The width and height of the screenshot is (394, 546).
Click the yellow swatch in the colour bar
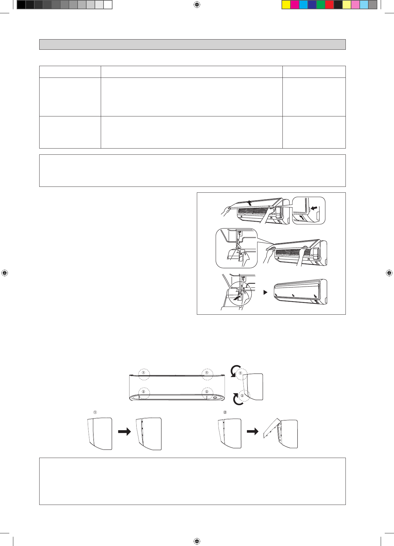286,5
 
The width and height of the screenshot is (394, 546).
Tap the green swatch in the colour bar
321,5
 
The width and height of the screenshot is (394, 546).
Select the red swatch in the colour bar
329,5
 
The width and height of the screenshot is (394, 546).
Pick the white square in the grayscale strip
108,5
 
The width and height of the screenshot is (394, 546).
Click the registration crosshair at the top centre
197,5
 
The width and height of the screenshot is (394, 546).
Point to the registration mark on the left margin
5,273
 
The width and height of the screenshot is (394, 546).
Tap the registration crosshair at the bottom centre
197,541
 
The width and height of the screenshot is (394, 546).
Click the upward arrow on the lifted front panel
250,203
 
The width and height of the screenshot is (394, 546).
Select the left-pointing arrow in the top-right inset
314,208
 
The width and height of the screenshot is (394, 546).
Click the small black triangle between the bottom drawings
265,292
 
